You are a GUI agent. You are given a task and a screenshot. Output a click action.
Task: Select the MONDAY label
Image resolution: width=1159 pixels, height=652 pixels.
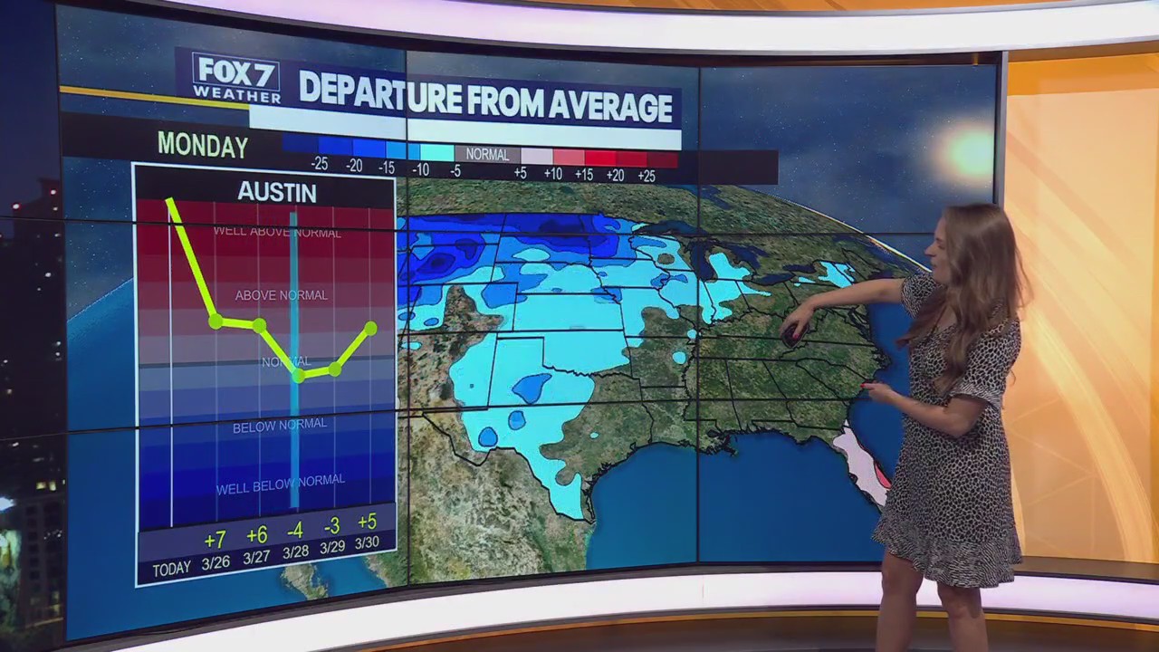203,146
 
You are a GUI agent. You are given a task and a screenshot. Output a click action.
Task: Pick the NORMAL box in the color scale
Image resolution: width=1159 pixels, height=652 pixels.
487,154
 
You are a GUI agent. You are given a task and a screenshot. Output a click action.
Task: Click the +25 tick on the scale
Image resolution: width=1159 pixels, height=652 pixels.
646,175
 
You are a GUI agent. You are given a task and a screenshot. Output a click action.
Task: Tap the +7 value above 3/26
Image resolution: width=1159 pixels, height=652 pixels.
215,541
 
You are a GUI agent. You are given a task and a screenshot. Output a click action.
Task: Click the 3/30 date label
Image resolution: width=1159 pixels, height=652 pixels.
367,542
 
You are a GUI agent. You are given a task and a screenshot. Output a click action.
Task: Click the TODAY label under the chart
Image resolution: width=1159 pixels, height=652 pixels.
171,569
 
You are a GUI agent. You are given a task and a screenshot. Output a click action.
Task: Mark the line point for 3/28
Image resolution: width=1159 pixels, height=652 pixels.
298,376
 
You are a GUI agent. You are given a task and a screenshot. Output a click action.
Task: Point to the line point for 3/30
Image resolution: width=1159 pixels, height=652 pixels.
371,327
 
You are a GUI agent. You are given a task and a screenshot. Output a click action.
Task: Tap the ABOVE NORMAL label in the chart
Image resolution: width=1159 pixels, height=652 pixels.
281,295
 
